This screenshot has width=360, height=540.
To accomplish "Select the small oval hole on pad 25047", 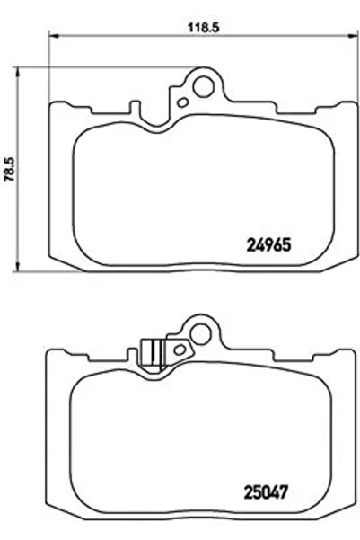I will click(x=180, y=347).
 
